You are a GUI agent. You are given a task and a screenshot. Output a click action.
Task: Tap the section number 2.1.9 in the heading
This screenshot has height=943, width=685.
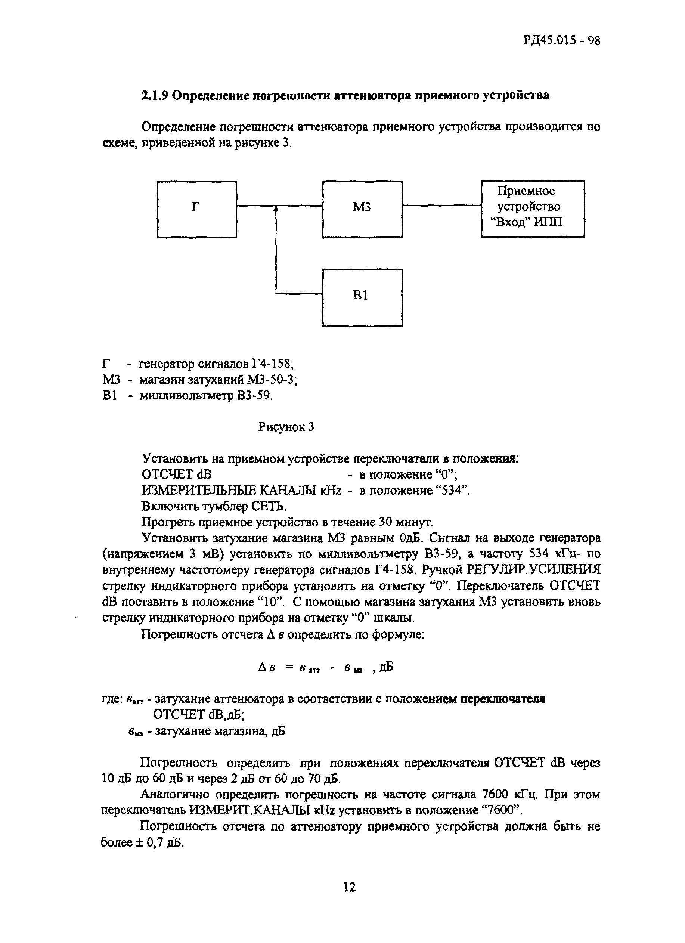point(154,96)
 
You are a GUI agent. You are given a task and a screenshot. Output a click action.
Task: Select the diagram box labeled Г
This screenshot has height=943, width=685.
point(196,209)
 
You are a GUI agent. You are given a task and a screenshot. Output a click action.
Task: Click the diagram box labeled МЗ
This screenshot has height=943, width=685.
point(362,209)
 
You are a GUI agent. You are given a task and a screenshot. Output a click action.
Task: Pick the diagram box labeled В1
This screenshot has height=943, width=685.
point(362,298)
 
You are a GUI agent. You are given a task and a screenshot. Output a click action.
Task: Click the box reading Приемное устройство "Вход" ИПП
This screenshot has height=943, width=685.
point(533,209)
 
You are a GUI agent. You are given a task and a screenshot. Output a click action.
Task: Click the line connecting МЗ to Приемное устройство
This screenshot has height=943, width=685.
point(441,205)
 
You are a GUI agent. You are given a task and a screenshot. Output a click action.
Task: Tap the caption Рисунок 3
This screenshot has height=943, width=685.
point(286,427)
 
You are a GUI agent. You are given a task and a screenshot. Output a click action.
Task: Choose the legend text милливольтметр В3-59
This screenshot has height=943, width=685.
point(205,396)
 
